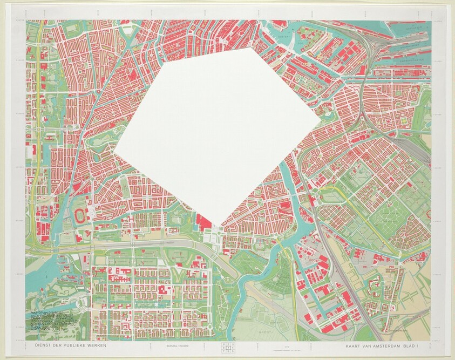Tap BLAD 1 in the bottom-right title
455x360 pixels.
coord(416,345)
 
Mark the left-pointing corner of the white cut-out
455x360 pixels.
coord(114,152)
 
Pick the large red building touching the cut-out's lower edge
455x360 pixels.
coord(204,222)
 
